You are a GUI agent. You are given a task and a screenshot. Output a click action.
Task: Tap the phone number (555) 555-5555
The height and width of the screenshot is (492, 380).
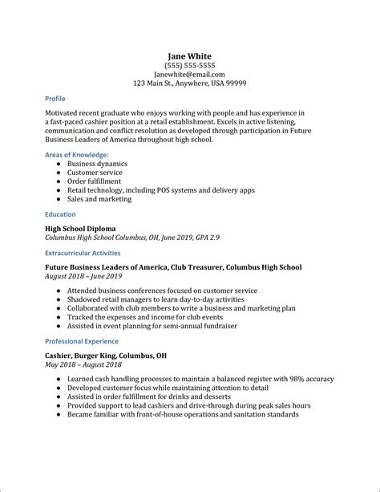click(x=189, y=67)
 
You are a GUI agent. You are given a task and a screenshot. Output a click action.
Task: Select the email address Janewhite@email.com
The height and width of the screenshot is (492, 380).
click(x=189, y=75)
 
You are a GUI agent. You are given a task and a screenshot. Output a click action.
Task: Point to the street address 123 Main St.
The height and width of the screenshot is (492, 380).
click(x=157, y=83)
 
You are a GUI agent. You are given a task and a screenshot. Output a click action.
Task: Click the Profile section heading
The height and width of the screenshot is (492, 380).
click(x=56, y=99)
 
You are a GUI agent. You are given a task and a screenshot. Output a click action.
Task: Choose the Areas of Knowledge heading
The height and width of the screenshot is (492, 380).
click(x=77, y=154)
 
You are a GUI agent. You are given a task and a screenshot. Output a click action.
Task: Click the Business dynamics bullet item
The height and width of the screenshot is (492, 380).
click(x=97, y=163)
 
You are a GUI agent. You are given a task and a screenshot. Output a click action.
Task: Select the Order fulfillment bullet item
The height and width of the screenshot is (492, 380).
click(x=95, y=181)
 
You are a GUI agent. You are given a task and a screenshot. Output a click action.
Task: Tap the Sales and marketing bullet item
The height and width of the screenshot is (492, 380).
click(x=98, y=200)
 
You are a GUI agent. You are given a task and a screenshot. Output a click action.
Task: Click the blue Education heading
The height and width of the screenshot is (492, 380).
click(x=61, y=214)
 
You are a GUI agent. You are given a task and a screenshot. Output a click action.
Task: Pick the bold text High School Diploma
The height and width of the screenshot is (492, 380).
click(x=84, y=229)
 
